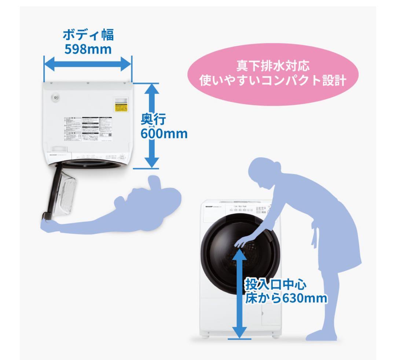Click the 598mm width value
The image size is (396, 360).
click(x=88, y=49)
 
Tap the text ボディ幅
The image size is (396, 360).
click(x=88, y=35)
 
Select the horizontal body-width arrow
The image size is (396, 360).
click(x=87, y=65)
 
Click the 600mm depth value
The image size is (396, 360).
click(x=164, y=133)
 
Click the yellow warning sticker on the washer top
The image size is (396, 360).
click(x=121, y=107)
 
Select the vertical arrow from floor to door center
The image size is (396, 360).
click(x=239, y=293)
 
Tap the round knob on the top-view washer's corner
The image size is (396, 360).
click(x=55, y=98)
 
